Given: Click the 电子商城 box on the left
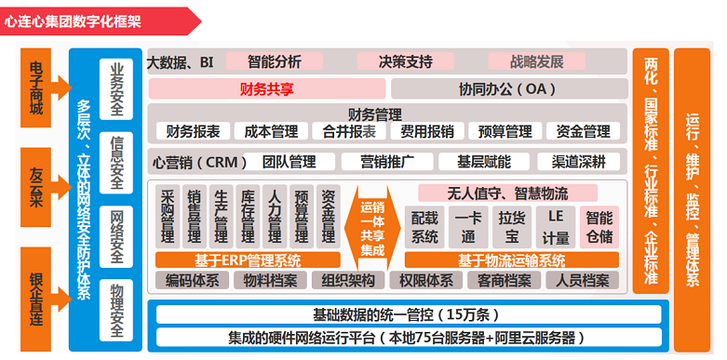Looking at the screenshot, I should tap(36, 88).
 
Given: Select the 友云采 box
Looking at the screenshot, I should tap(36, 180).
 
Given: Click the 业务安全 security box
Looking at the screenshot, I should tap(116, 89).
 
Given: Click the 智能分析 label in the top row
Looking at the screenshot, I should tap(275, 62).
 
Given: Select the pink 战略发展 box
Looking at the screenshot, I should tap(537, 62).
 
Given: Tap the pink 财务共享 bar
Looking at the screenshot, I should tap(267, 89).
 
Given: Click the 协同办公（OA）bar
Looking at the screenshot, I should tap(507, 89).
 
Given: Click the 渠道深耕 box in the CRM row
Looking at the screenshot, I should tap(578, 162).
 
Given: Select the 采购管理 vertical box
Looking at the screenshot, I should tap(168, 216).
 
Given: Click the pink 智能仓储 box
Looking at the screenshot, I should tap(599, 226).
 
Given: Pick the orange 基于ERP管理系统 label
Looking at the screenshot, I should tap(248, 260).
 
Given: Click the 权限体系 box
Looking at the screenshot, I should tap(425, 280).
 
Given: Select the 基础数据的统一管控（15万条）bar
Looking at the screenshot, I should tap(388, 313).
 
